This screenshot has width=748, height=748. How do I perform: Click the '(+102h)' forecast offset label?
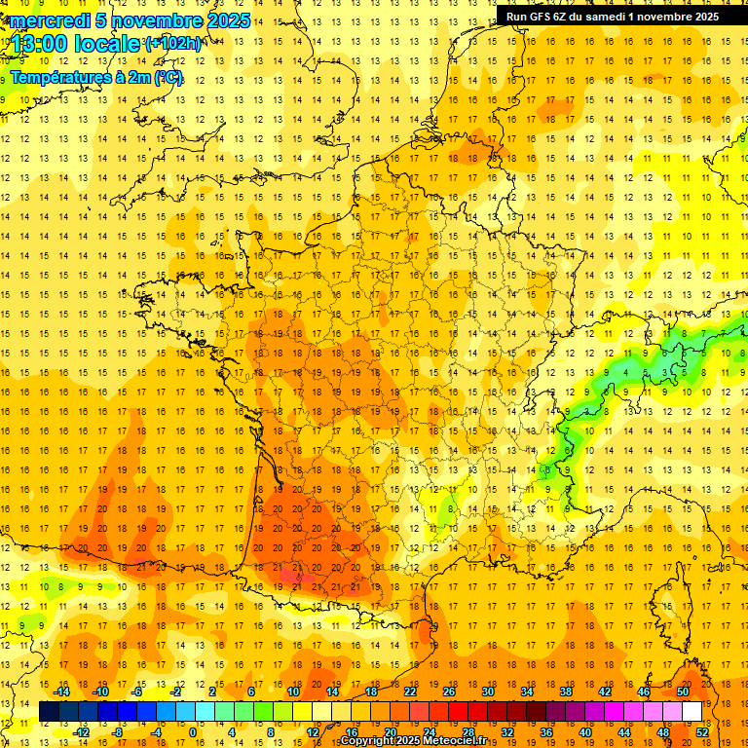(x=173, y=44)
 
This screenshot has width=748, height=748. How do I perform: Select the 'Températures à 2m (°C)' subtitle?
(x=97, y=77)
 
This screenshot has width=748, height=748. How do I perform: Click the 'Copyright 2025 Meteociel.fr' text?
(x=413, y=741)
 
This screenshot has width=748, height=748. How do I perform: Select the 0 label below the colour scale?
(x=193, y=732)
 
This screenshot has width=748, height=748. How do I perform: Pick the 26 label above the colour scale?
(x=449, y=691)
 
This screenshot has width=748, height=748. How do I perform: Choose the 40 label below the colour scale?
(x=585, y=732)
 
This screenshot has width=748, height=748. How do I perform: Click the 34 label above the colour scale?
(x=527, y=691)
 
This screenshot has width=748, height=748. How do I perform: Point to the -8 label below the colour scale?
(x=116, y=732)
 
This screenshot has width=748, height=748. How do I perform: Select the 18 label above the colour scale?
(x=371, y=691)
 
